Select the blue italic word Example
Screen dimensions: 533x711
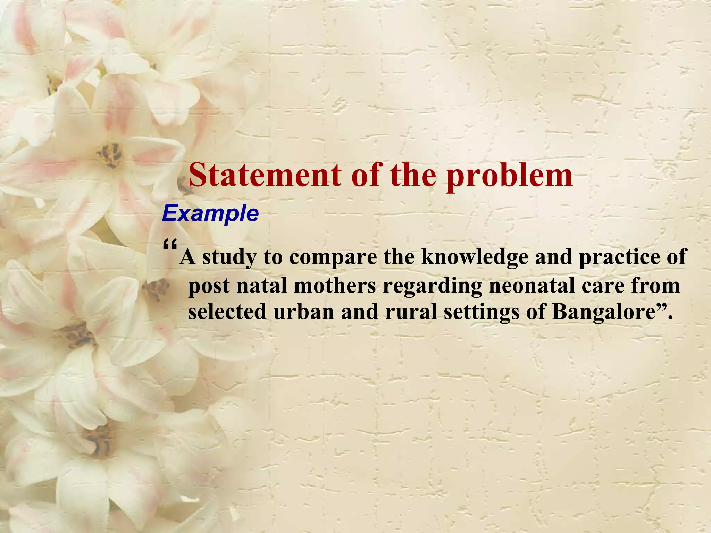point(210,214)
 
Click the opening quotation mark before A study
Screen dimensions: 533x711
point(170,246)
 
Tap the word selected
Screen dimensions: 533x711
point(227,312)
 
